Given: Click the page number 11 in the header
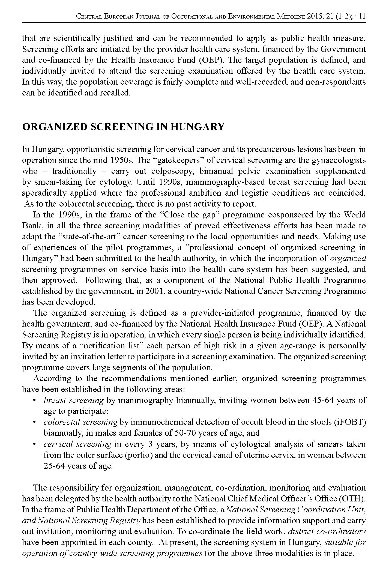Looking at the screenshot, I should (x=363, y=16).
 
